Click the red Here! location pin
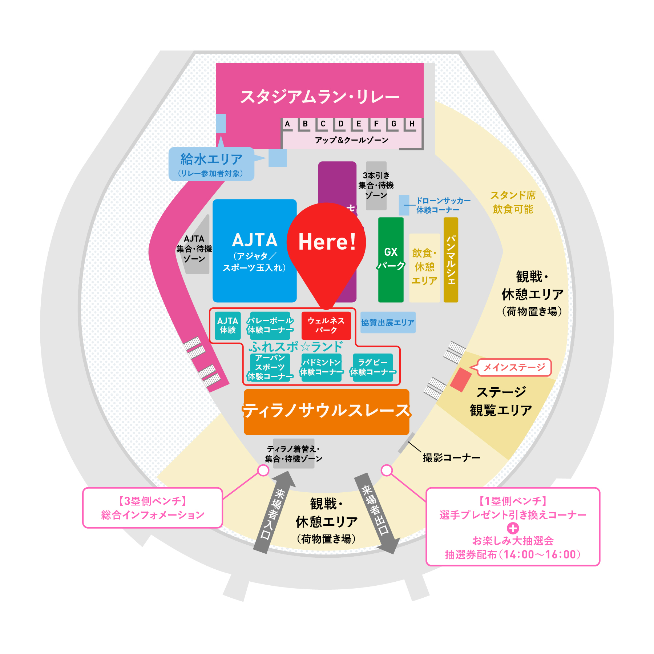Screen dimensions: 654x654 click(x=326, y=247)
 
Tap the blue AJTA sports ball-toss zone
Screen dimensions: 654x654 click(x=254, y=251)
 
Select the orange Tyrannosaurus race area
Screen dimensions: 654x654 click(x=326, y=412)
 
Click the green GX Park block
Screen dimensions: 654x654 click(x=391, y=259)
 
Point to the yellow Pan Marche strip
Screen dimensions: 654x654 click(x=451, y=259)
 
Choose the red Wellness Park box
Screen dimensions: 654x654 click(x=326, y=326)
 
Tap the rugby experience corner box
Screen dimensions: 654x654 click(x=373, y=367)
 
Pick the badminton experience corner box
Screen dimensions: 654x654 click(x=322, y=367)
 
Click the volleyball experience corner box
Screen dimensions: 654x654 click(x=270, y=326)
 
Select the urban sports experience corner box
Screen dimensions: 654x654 click(x=270, y=367)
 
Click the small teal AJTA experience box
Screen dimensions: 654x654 click(x=227, y=326)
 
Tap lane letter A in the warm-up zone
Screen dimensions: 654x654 click(x=287, y=124)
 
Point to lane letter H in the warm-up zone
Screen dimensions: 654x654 click(x=412, y=124)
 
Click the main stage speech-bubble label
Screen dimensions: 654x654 click(x=514, y=367)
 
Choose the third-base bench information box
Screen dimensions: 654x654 click(x=153, y=508)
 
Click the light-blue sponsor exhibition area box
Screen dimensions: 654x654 click(x=388, y=322)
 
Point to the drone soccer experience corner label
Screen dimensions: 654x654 click(x=443, y=205)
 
